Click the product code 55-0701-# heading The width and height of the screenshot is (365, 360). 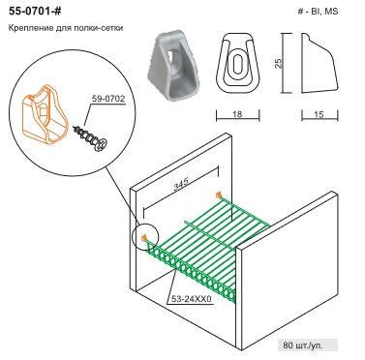pos(35,12)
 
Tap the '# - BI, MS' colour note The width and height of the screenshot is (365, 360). pos(318,12)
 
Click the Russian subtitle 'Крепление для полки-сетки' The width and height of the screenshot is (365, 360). pos(66,28)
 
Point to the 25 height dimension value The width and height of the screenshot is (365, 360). pos(279,63)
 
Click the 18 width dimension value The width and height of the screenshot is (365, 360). pos(237,114)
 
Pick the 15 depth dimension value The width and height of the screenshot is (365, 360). pos(319,114)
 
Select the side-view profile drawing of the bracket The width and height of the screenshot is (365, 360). pos(319,63)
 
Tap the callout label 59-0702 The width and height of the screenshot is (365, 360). pos(108,99)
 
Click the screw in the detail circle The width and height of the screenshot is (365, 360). pos(90,138)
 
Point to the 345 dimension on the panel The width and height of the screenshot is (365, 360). pos(181,185)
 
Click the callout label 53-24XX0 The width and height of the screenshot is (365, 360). pos(191,299)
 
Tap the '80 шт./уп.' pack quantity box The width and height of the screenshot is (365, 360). pos(308,345)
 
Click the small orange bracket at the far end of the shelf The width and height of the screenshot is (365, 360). pos(219,195)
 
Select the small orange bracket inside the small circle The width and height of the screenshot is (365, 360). pos(144,238)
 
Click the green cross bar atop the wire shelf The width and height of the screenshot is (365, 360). pos(210,234)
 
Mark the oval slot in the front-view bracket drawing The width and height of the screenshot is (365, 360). pos(238,63)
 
